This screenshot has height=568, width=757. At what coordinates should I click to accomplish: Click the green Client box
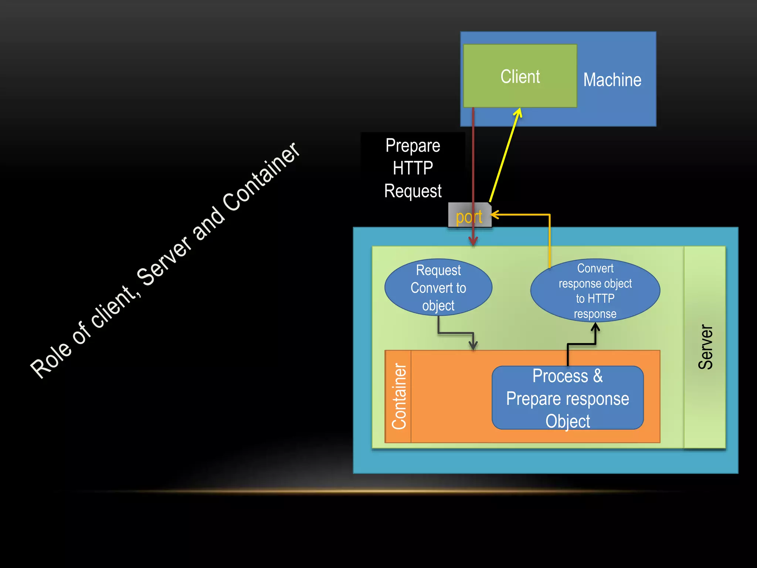pyautogui.click(x=520, y=76)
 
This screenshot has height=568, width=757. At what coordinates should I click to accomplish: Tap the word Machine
pyautogui.click(x=612, y=80)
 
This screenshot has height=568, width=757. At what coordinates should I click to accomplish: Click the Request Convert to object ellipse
pyautogui.click(x=438, y=287)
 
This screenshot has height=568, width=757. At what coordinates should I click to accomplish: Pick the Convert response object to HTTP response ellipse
pyautogui.click(x=595, y=290)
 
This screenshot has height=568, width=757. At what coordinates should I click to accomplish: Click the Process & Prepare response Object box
pyautogui.click(x=567, y=398)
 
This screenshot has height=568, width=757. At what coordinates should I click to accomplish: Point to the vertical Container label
pyautogui.click(x=399, y=396)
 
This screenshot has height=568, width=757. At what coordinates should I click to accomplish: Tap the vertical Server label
pyautogui.click(x=705, y=347)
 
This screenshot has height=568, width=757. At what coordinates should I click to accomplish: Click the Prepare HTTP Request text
pyautogui.click(x=413, y=168)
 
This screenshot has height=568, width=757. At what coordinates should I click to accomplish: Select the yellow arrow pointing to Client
pyautogui.click(x=505, y=155)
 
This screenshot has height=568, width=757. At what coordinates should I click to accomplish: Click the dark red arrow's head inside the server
pyautogui.click(x=473, y=241)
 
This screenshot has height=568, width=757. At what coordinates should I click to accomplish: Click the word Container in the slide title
pyautogui.click(x=262, y=177)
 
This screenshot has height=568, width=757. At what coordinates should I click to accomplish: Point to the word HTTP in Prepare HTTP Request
pyautogui.click(x=413, y=168)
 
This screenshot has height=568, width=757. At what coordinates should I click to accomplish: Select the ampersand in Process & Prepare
pyautogui.click(x=598, y=376)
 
